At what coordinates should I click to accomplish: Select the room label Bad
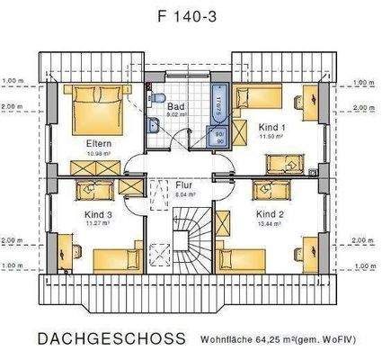(x=175, y=105)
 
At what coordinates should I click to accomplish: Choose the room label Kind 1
(x=271, y=129)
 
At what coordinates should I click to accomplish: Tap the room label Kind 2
(x=270, y=214)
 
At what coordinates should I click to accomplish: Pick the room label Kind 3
(x=99, y=214)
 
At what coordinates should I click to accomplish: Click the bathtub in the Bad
(x=219, y=112)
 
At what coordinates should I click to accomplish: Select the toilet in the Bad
(x=157, y=98)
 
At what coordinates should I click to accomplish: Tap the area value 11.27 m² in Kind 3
(x=99, y=224)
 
